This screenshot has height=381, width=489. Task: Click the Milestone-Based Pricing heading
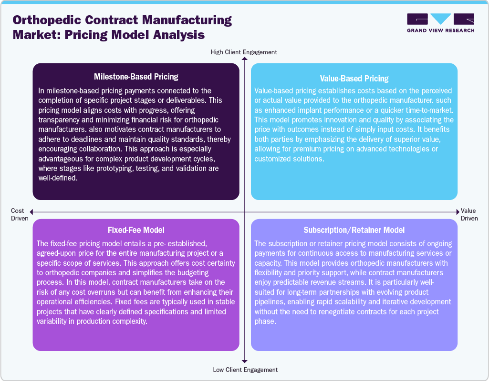pos(136,76)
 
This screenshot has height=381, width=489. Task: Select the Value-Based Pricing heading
pos(354,79)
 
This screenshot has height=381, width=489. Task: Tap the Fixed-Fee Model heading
pos(136,230)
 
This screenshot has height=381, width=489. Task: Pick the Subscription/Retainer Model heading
pos(354,230)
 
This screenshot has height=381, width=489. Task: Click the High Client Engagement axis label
pos(244,52)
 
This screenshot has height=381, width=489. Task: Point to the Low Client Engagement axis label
pos(244,370)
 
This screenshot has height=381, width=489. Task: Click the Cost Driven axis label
pos(20,214)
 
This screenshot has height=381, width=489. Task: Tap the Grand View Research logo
pos(440,23)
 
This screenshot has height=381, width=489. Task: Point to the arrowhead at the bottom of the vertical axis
pos(244,361)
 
